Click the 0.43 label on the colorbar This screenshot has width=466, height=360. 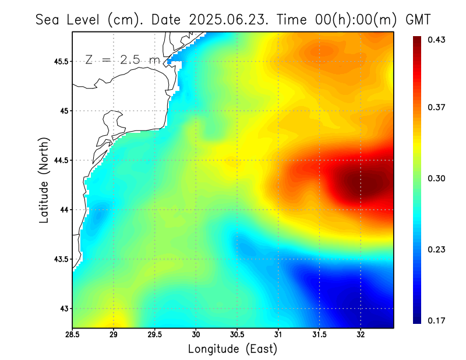(437, 40)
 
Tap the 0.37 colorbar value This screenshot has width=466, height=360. (437, 107)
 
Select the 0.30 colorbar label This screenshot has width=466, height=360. (437, 178)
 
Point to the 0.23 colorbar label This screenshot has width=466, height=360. (437, 249)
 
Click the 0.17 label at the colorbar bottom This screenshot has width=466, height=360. (437, 320)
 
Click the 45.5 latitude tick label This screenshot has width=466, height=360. (59, 61)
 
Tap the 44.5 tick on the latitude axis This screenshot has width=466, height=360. (59, 160)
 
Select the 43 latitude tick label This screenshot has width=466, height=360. (63, 308)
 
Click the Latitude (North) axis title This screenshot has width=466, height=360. (44, 180)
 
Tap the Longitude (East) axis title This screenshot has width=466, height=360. (232, 349)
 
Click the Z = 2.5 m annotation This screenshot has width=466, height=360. (122, 60)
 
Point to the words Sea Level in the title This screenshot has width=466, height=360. (69, 20)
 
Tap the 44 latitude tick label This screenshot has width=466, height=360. (63, 210)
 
